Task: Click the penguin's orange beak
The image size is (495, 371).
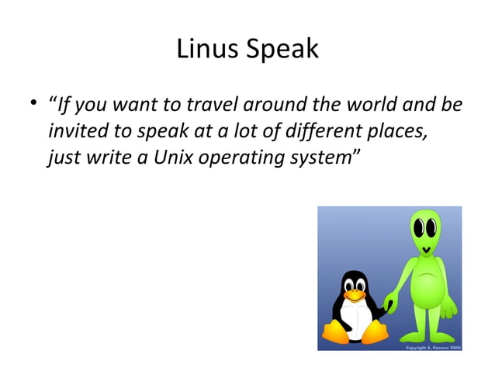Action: point(355,296)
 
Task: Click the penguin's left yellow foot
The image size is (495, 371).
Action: point(334,333)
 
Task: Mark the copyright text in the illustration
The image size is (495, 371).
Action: point(434,347)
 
